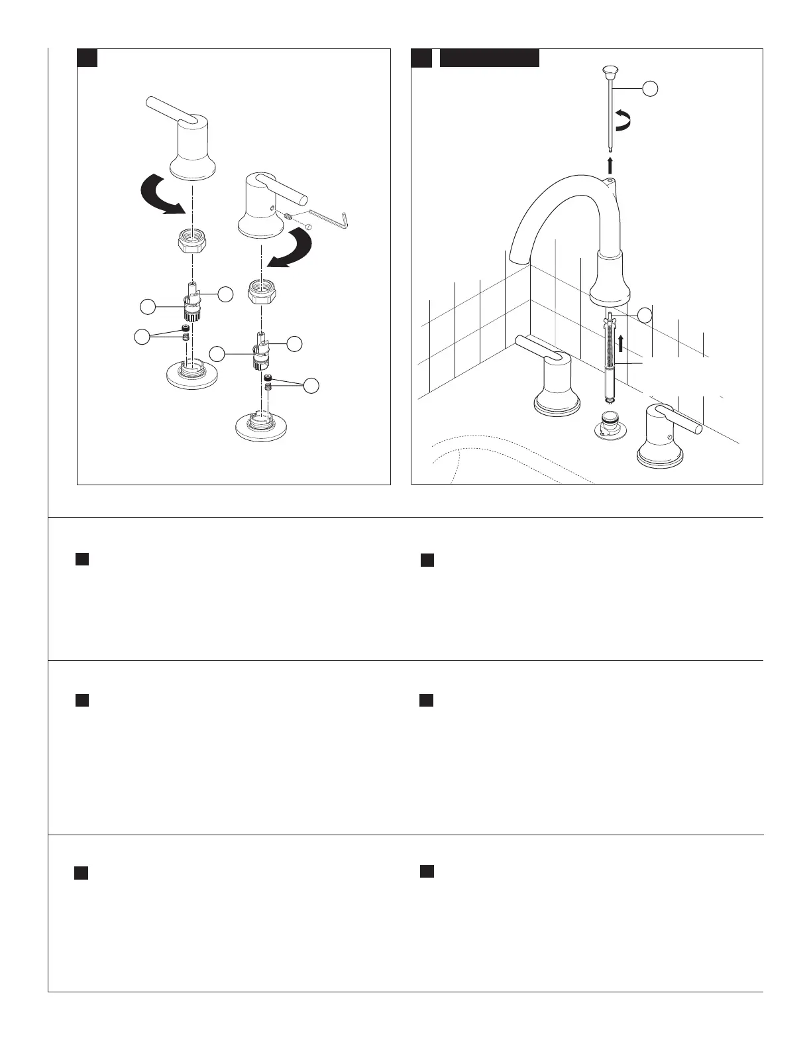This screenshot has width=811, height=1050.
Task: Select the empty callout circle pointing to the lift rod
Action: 651,88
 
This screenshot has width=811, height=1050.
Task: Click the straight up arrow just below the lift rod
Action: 610,164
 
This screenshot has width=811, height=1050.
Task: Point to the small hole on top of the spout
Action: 609,179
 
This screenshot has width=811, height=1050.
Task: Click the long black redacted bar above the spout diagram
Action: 490,58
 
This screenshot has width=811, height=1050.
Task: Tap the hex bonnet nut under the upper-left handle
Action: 191,243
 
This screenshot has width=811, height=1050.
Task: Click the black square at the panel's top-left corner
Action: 87,58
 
